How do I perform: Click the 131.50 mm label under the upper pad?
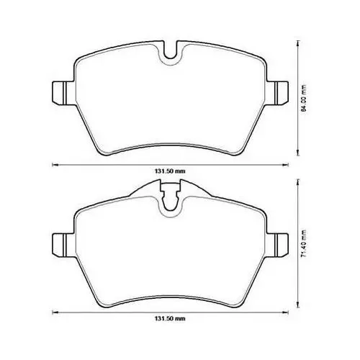[x=170, y=171]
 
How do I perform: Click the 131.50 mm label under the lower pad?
[x=170, y=319]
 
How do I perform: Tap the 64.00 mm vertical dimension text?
[x=304, y=99]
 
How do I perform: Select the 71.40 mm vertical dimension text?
[x=304, y=244]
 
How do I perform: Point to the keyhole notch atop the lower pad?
[x=170, y=197]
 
